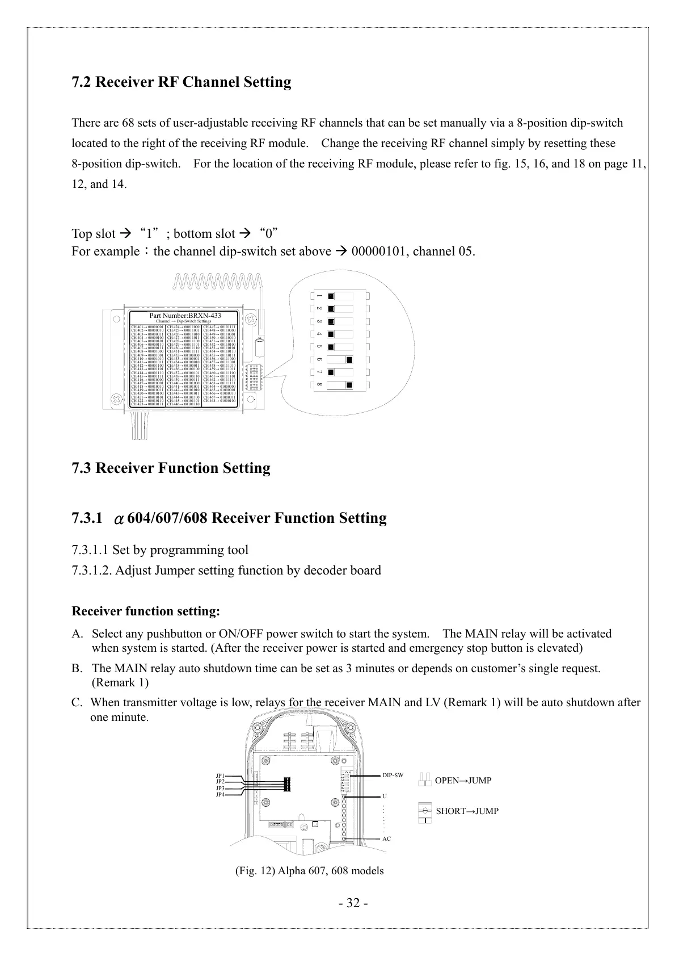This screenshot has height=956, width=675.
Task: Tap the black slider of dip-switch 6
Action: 349,359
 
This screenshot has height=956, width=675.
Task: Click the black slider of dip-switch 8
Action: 349,386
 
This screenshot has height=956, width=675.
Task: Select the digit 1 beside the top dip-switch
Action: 319,296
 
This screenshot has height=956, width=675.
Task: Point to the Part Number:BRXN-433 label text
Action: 185,316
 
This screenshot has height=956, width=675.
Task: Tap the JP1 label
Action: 220,775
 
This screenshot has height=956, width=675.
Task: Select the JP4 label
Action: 220,795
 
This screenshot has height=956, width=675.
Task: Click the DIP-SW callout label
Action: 393,775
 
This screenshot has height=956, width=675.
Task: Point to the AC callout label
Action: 386,839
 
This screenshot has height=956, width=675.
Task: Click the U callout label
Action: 385,796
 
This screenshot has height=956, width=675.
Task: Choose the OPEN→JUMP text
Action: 463,781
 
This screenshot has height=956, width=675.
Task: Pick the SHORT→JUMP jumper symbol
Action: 425,812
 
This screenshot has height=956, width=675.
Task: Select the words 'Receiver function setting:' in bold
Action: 146,611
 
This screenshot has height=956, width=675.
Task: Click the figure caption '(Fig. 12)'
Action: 256,871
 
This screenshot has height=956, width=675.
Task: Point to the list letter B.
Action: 77,668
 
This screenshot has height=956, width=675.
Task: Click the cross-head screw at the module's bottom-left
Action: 116,399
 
